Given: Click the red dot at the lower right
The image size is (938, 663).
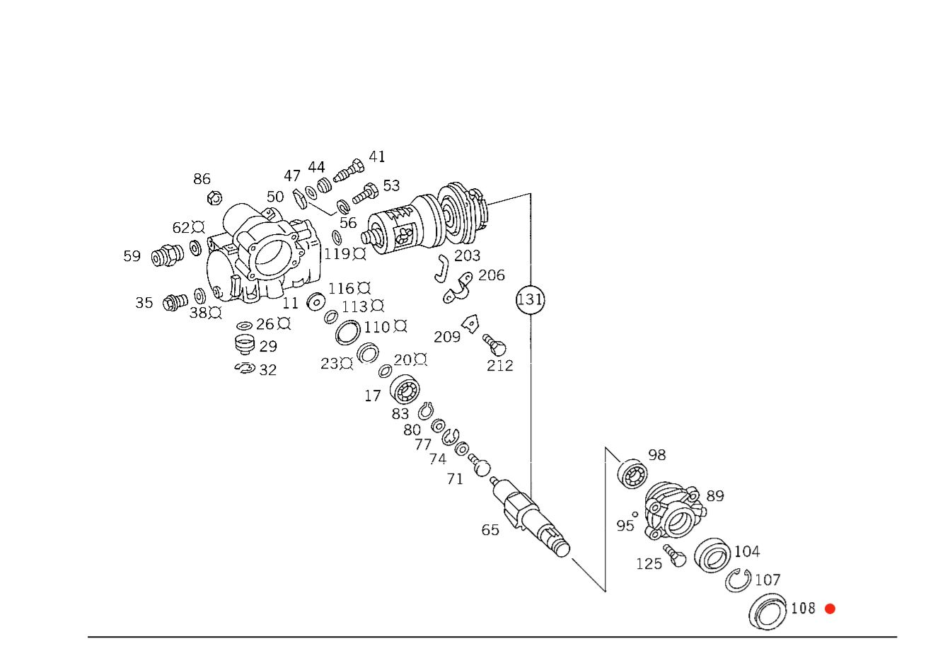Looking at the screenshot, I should (x=830, y=609).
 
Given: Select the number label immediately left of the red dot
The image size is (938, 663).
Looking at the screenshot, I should (x=804, y=609).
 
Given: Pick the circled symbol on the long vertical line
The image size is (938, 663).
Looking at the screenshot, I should (x=531, y=299).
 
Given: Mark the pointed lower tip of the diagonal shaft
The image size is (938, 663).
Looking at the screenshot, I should (x=605, y=592).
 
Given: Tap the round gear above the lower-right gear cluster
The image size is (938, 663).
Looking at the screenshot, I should (x=633, y=473).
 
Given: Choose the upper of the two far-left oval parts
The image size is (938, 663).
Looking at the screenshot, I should (x=167, y=257).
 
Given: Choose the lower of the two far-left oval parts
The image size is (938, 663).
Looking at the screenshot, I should (x=174, y=304).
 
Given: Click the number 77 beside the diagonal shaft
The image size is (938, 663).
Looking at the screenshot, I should (x=424, y=446).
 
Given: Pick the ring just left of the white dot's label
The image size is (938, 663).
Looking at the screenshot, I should (x=348, y=333).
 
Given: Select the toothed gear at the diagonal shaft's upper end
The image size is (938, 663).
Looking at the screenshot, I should (x=405, y=389).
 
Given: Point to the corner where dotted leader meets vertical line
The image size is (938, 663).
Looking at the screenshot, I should (x=531, y=193).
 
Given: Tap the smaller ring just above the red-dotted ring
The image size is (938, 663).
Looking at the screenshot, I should (x=739, y=581).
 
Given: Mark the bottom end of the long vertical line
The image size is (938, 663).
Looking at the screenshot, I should (x=531, y=350).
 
